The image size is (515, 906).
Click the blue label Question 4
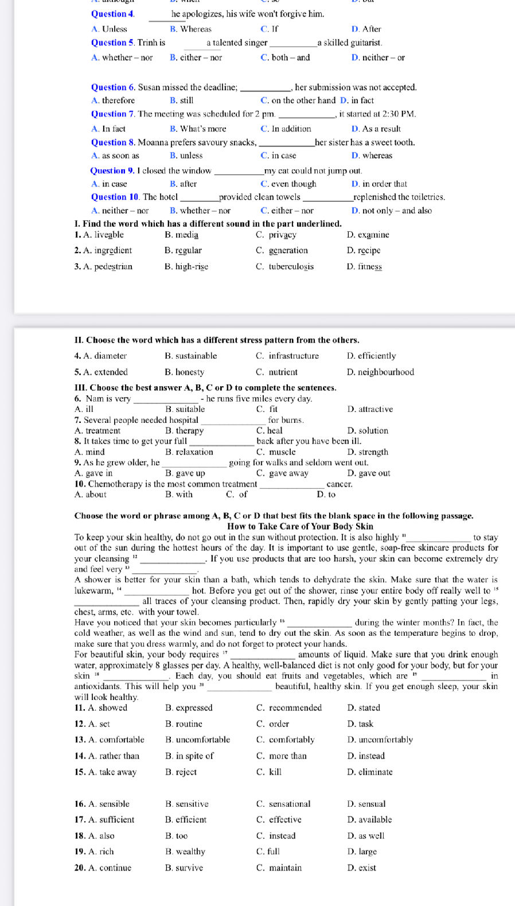pos(112,14)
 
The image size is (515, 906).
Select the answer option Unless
pos(114,29)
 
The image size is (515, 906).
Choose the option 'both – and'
pos(290,57)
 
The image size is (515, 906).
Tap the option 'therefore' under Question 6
pos(118,100)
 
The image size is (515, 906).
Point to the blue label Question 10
pos(115,197)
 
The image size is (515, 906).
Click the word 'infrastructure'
pos(294,356)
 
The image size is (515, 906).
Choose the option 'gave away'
pos(288,473)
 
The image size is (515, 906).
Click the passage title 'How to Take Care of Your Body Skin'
pos(300,526)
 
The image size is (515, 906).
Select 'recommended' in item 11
pos(295,707)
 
